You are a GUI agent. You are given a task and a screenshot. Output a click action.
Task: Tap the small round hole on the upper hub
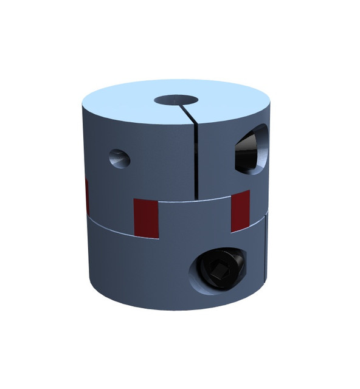tap(119, 158)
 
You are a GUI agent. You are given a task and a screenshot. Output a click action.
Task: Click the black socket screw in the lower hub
tap(219, 269)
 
